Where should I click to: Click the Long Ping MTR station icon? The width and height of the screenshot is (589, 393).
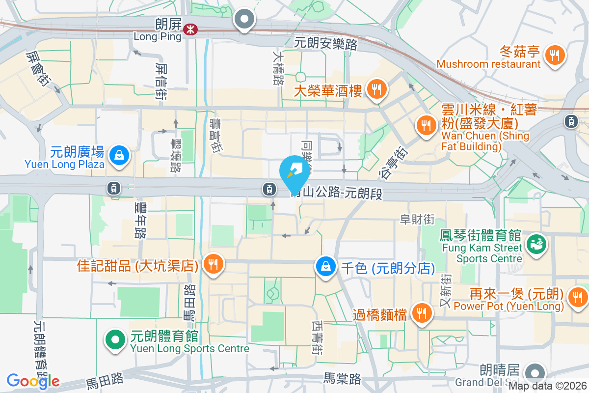coord(188,30)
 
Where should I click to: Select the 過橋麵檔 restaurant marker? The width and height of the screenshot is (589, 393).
coord(421,312)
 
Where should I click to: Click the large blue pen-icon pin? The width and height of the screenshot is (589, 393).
coord(294,172)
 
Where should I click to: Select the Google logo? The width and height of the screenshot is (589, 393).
coord(33,381)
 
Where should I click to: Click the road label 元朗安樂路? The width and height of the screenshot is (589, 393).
coord(325,43)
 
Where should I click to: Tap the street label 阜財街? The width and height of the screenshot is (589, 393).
coord(417,220)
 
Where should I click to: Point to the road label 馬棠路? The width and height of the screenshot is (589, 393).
coord(342,379)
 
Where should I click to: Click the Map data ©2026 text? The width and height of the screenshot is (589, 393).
coord(547,386)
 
